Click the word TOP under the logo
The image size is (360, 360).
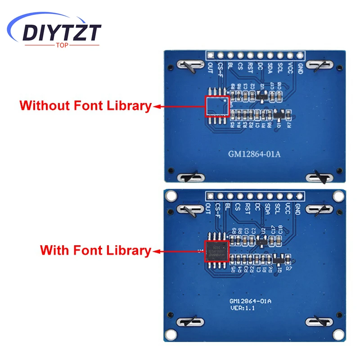[62, 45]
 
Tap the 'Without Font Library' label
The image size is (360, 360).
[85, 106]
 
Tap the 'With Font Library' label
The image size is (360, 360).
[95, 250]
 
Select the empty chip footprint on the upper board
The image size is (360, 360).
[216, 106]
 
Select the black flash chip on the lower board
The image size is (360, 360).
[216, 251]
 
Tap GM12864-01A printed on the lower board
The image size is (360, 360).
[251, 301]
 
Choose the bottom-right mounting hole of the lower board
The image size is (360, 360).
[337, 334]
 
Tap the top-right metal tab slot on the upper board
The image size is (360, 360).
[320, 66]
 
